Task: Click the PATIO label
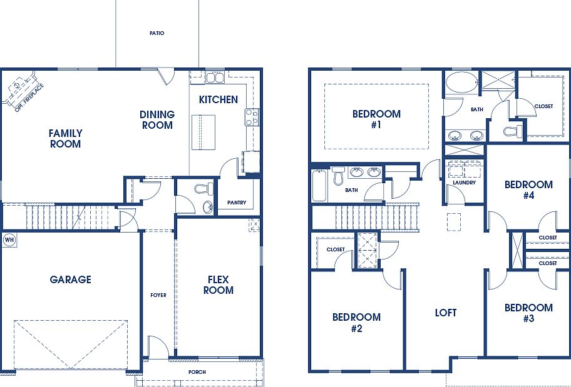(x=157, y=33)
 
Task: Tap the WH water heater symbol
(x=9, y=239)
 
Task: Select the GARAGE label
(x=70, y=279)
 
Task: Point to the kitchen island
(x=202, y=132)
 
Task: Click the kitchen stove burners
(x=252, y=116)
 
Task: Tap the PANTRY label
(x=237, y=202)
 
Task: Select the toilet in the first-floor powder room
(x=201, y=188)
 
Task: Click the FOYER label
(x=158, y=295)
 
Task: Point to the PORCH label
(x=197, y=372)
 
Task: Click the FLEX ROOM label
(x=219, y=285)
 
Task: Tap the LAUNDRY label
(x=465, y=183)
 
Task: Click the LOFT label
(x=446, y=313)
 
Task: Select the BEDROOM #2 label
(x=356, y=323)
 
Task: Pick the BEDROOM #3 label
(x=528, y=313)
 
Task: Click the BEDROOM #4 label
(x=528, y=190)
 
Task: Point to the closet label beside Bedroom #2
(x=336, y=249)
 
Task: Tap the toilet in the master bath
(x=512, y=131)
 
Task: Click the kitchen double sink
(x=216, y=78)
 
